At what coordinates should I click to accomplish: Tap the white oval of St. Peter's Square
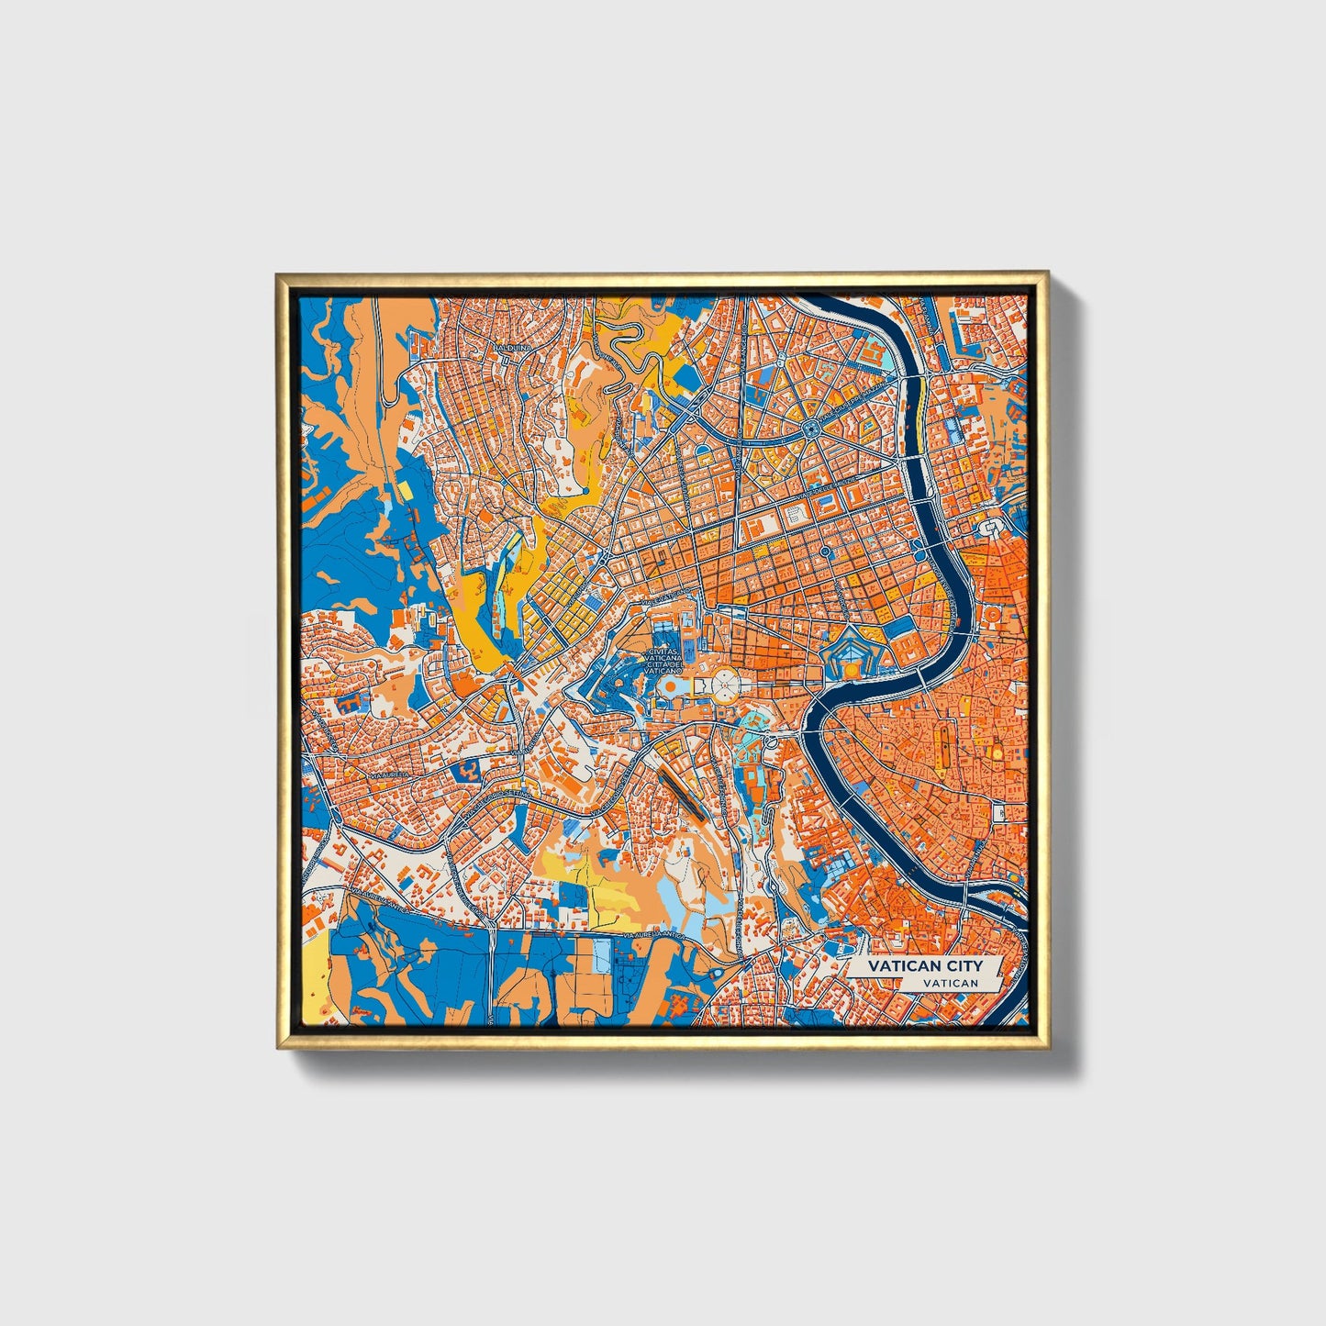[725, 684]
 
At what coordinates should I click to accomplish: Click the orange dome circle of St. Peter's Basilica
[672, 685]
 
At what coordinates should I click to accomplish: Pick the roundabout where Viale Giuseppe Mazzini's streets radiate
[810, 429]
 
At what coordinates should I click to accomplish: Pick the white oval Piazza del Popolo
[992, 530]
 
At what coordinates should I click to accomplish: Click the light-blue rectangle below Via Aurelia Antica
[600, 954]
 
